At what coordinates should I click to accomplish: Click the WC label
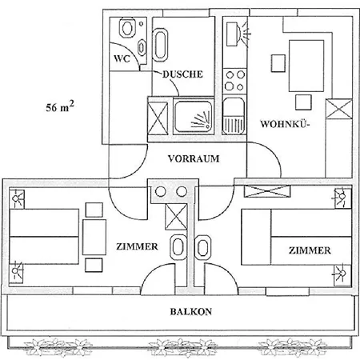(121, 58)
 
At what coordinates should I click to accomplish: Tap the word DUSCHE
(182, 74)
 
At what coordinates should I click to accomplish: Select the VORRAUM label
(194, 158)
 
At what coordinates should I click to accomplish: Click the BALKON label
(190, 312)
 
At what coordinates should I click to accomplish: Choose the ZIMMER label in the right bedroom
(310, 250)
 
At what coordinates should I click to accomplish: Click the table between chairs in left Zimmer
(95, 236)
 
